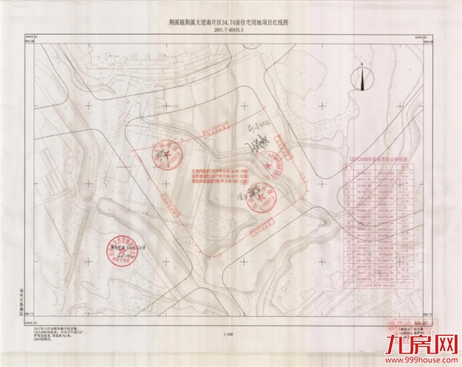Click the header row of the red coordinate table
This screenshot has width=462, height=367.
click(379, 167)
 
